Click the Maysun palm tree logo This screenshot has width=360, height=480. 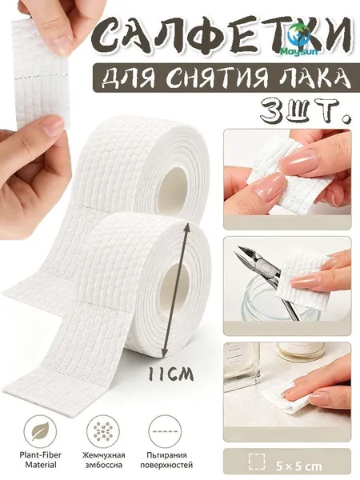click(x=299, y=40)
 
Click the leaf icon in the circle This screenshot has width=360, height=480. click(x=40, y=432)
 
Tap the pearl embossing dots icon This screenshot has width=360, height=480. click(x=103, y=432)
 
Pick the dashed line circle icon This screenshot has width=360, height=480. click(x=165, y=432)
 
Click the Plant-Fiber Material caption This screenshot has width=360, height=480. click(x=41, y=460)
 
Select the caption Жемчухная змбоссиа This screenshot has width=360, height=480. click(x=103, y=460)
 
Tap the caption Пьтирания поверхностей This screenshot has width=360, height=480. click(x=166, y=460)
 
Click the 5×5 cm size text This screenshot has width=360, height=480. click(x=298, y=466)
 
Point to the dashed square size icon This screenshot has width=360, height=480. click(x=257, y=462)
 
